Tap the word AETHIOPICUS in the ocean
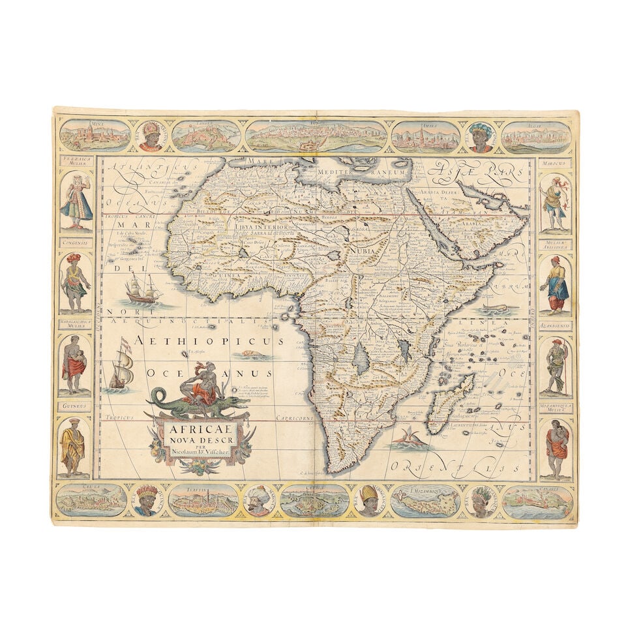click(x=209, y=341)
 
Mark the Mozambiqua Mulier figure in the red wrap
click(x=556, y=449)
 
